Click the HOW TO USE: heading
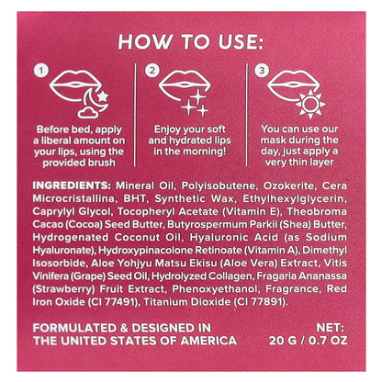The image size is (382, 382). pos(191,41)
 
